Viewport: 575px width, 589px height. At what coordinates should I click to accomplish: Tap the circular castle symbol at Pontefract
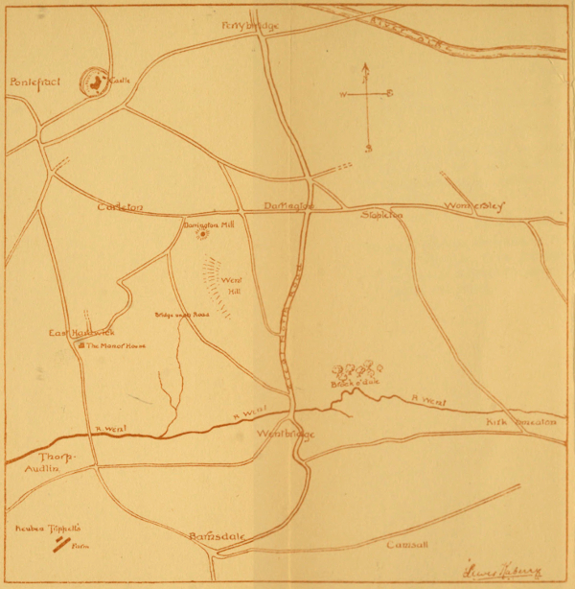tap(96, 83)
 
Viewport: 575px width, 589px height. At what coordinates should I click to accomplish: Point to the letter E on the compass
tap(389, 94)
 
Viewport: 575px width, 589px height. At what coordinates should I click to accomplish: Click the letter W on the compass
tap(343, 94)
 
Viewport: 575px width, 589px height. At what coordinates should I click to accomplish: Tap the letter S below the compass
tap(367, 148)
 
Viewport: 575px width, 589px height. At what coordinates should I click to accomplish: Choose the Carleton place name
tap(120, 206)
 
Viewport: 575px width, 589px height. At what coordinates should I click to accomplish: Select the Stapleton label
tap(382, 215)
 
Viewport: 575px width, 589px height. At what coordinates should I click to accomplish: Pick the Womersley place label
tap(475, 206)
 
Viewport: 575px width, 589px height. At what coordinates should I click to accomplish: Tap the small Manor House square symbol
tap(82, 345)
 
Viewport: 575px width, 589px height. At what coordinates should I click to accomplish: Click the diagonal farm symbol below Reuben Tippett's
tap(61, 545)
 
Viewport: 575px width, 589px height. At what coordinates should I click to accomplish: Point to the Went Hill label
tap(231, 285)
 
